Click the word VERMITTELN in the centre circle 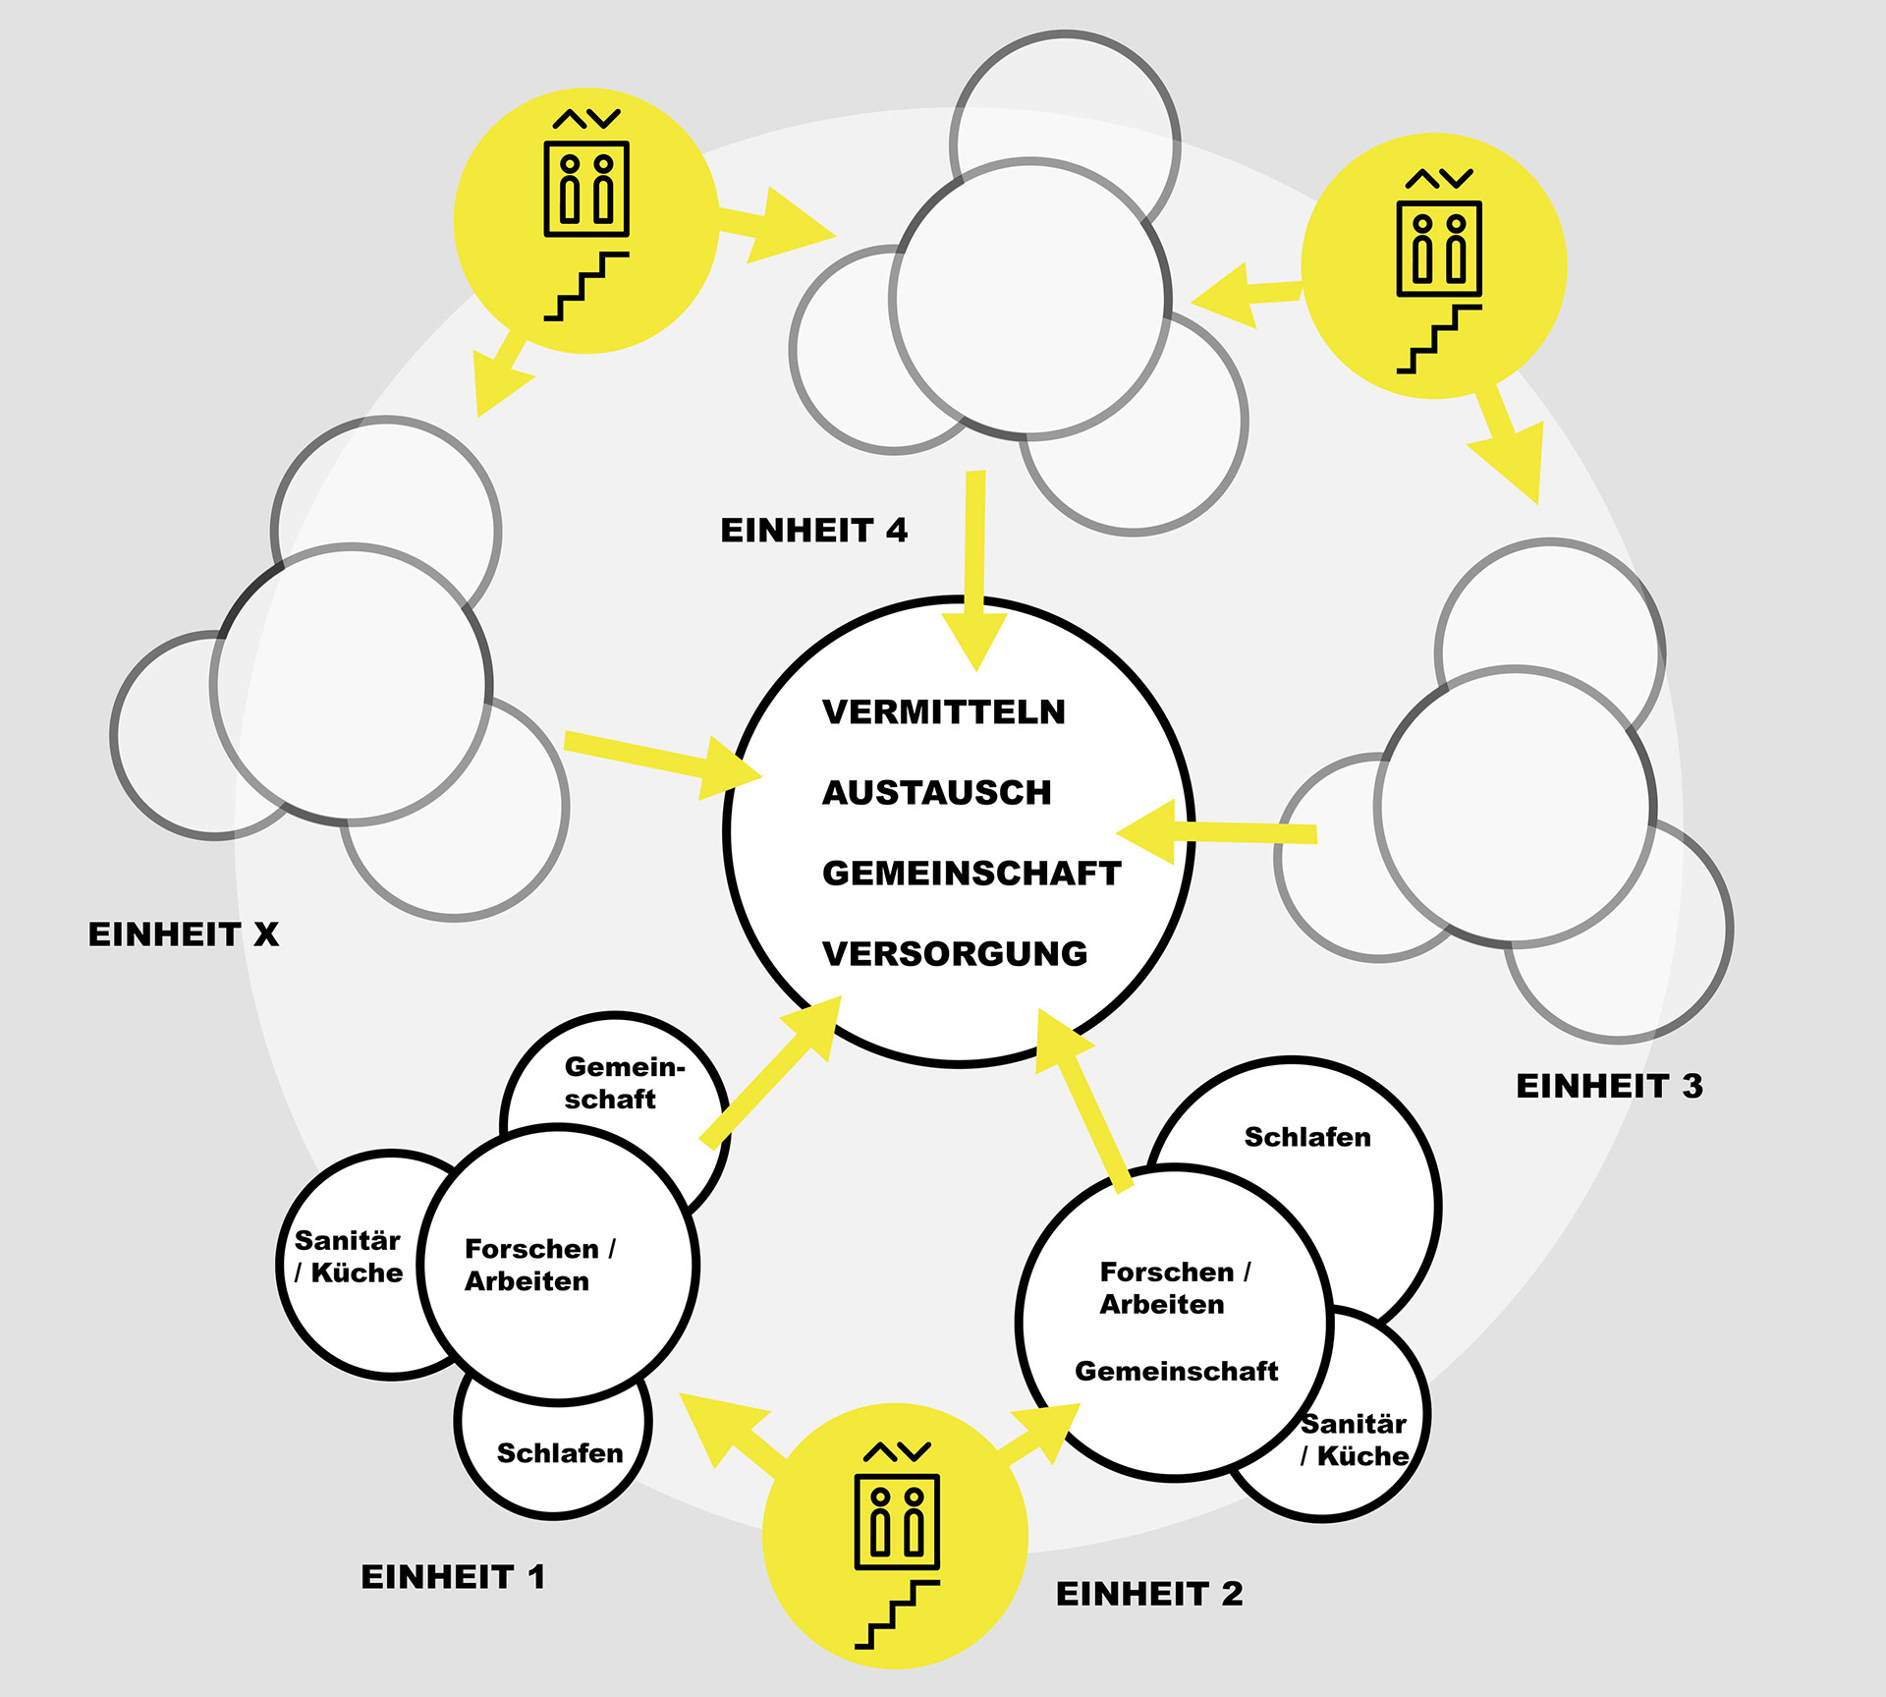pyautogui.click(x=943, y=712)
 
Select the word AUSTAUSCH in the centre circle pyautogui.click(x=936, y=793)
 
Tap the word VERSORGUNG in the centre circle pyautogui.click(x=955, y=954)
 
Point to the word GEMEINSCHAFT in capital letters pyautogui.click(x=971, y=874)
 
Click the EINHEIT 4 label pyautogui.click(x=813, y=531)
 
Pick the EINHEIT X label pyautogui.click(x=184, y=934)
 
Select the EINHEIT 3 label pyautogui.click(x=1609, y=1086)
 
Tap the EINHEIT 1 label pyautogui.click(x=453, y=1577)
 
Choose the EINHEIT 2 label pyautogui.click(x=1149, y=1594)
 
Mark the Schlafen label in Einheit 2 pyautogui.click(x=1306, y=1138)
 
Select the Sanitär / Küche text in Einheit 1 pyautogui.click(x=348, y=1257)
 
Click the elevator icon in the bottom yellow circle pyautogui.click(x=897, y=1510)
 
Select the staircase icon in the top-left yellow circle pyautogui.click(x=586, y=286)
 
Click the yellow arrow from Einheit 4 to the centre pyautogui.click(x=974, y=570)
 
